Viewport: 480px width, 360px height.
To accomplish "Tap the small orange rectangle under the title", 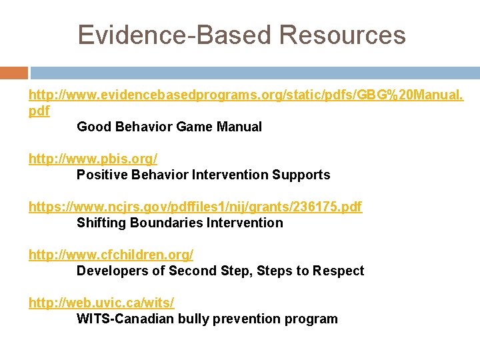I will (x=14, y=73).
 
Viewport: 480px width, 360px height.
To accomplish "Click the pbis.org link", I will (x=93, y=159).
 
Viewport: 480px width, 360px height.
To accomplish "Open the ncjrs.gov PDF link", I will (x=195, y=207).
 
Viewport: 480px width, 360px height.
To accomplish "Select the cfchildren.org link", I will (x=111, y=255).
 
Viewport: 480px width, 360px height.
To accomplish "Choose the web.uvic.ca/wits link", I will (x=101, y=303).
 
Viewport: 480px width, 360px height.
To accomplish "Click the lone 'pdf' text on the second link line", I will (x=39, y=111).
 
